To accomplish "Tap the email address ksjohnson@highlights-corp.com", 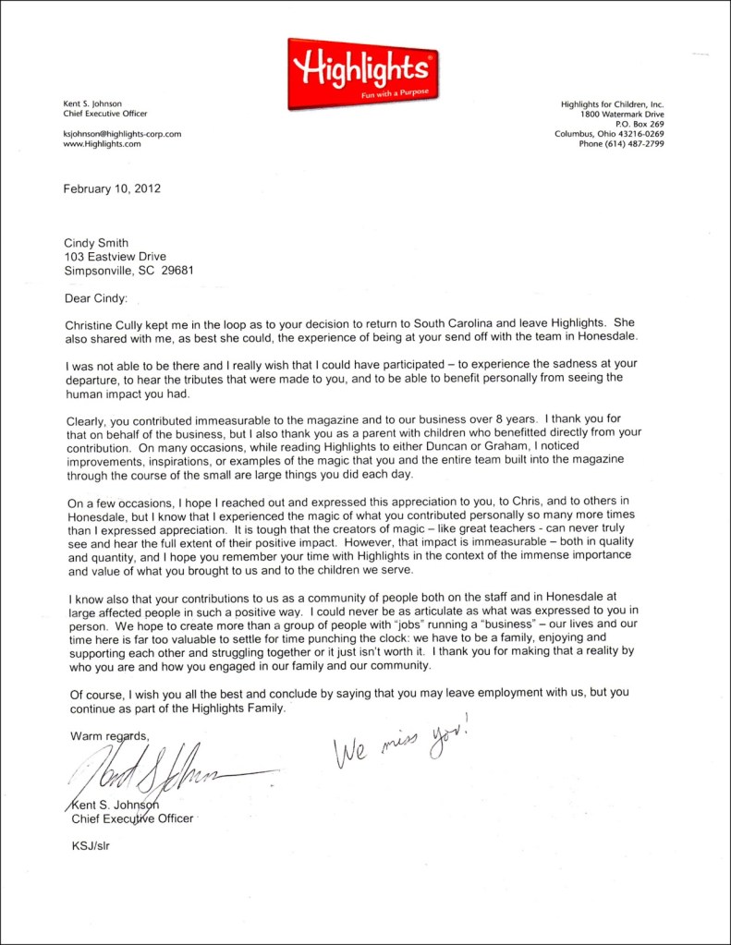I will [x=122, y=134].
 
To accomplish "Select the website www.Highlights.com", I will [x=102, y=144].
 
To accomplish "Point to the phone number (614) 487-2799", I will [x=636, y=144].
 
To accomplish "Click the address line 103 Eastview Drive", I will [x=116, y=257].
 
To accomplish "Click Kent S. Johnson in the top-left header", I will [x=92, y=104].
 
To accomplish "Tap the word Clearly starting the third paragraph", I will [x=89, y=418].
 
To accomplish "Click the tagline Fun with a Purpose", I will [x=383, y=91].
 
